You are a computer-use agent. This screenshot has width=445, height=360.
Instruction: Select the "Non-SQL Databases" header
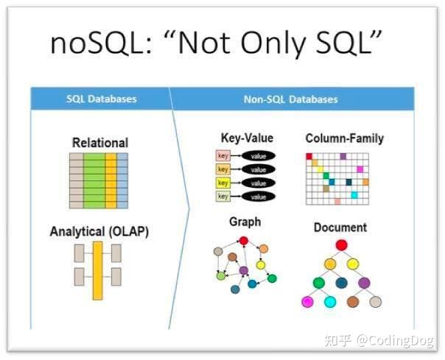(290, 99)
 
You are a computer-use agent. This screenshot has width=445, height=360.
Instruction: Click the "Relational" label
(99, 142)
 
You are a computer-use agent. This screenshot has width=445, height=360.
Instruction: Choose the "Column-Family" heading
(344, 138)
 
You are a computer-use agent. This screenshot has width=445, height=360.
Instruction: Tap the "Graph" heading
(245, 222)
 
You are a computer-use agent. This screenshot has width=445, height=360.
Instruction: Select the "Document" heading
(340, 227)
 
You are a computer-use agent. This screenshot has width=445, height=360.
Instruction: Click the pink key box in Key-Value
(222, 155)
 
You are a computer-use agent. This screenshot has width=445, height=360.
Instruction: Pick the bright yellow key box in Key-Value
(222, 183)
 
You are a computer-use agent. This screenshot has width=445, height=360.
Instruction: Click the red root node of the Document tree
(340, 246)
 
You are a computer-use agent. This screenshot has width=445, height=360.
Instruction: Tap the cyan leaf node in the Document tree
(330, 302)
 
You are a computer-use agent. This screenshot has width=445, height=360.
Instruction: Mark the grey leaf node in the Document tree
(375, 302)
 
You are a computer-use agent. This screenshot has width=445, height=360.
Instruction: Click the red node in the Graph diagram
(244, 240)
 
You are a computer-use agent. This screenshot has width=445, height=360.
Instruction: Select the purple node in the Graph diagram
(244, 271)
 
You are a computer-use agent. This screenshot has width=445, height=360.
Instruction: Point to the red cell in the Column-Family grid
(309, 157)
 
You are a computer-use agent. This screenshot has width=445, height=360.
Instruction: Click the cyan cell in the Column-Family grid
(354, 195)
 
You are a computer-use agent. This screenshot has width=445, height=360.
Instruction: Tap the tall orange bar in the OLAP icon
(97, 270)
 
